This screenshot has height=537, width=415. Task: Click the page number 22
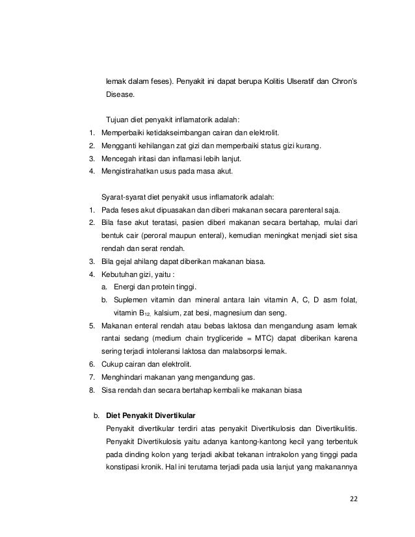tap(354, 500)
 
